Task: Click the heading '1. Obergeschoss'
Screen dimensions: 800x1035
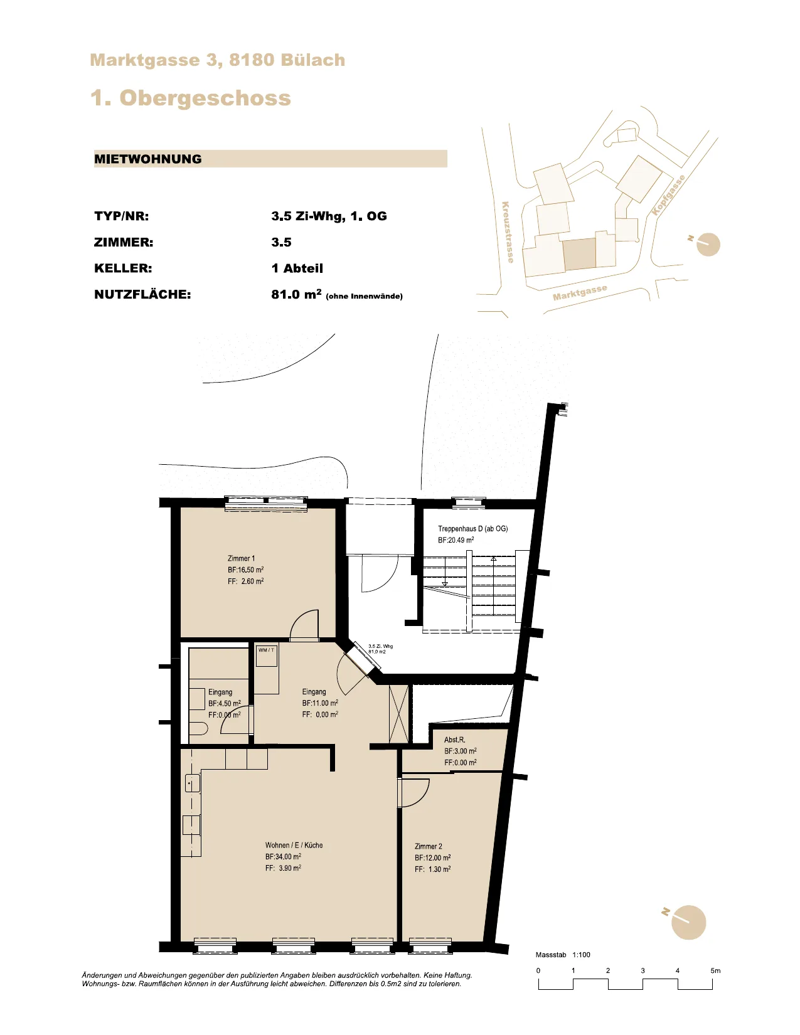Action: coord(191,98)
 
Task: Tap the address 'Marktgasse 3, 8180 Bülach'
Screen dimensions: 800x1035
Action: coord(217,60)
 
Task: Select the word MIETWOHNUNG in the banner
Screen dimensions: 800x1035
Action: coord(147,159)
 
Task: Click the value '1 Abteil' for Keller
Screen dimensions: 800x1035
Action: coord(297,268)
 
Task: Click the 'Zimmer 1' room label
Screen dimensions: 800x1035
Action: coord(241,558)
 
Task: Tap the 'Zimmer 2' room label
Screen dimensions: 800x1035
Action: coord(429,846)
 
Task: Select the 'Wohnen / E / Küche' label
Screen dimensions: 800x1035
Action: coord(294,845)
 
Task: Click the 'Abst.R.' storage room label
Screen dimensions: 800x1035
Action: coord(454,740)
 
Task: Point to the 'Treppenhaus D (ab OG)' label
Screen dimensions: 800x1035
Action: coord(472,529)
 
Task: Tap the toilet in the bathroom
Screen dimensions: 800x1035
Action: coord(198,730)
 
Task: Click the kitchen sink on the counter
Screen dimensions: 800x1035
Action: coord(192,783)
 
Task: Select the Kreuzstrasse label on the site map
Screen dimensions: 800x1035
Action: coord(508,232)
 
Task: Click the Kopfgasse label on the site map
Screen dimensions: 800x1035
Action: coord(668,195)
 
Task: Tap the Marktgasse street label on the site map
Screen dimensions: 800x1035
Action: coord(580,292)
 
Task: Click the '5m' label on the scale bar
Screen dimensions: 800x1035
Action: coord(715,970)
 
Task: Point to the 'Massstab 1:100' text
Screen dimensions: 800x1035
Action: coord(563,955)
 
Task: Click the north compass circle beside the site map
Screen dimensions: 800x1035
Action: coord(708,245)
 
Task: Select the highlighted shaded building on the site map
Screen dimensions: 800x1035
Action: coord(580,254)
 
